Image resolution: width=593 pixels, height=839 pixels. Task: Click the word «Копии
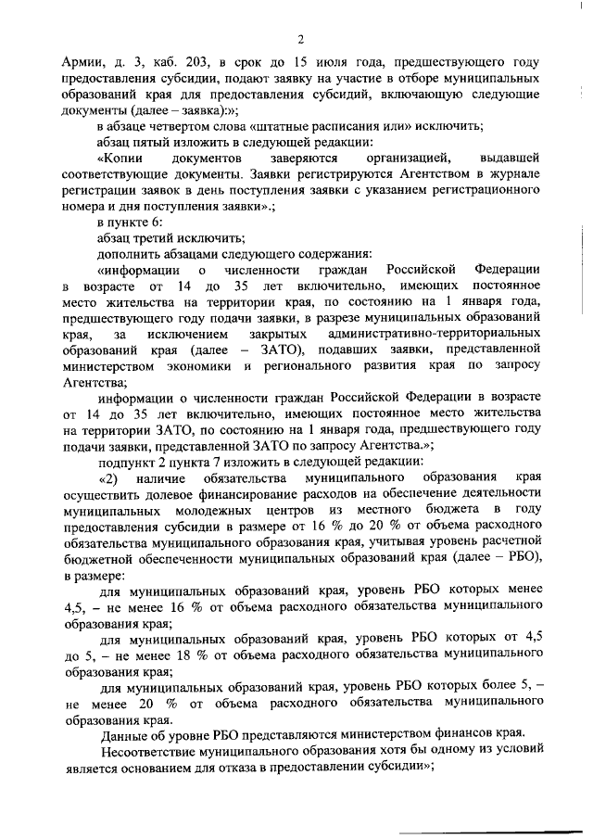click(119, 159)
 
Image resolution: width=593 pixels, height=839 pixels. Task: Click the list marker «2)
click(110, 478)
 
